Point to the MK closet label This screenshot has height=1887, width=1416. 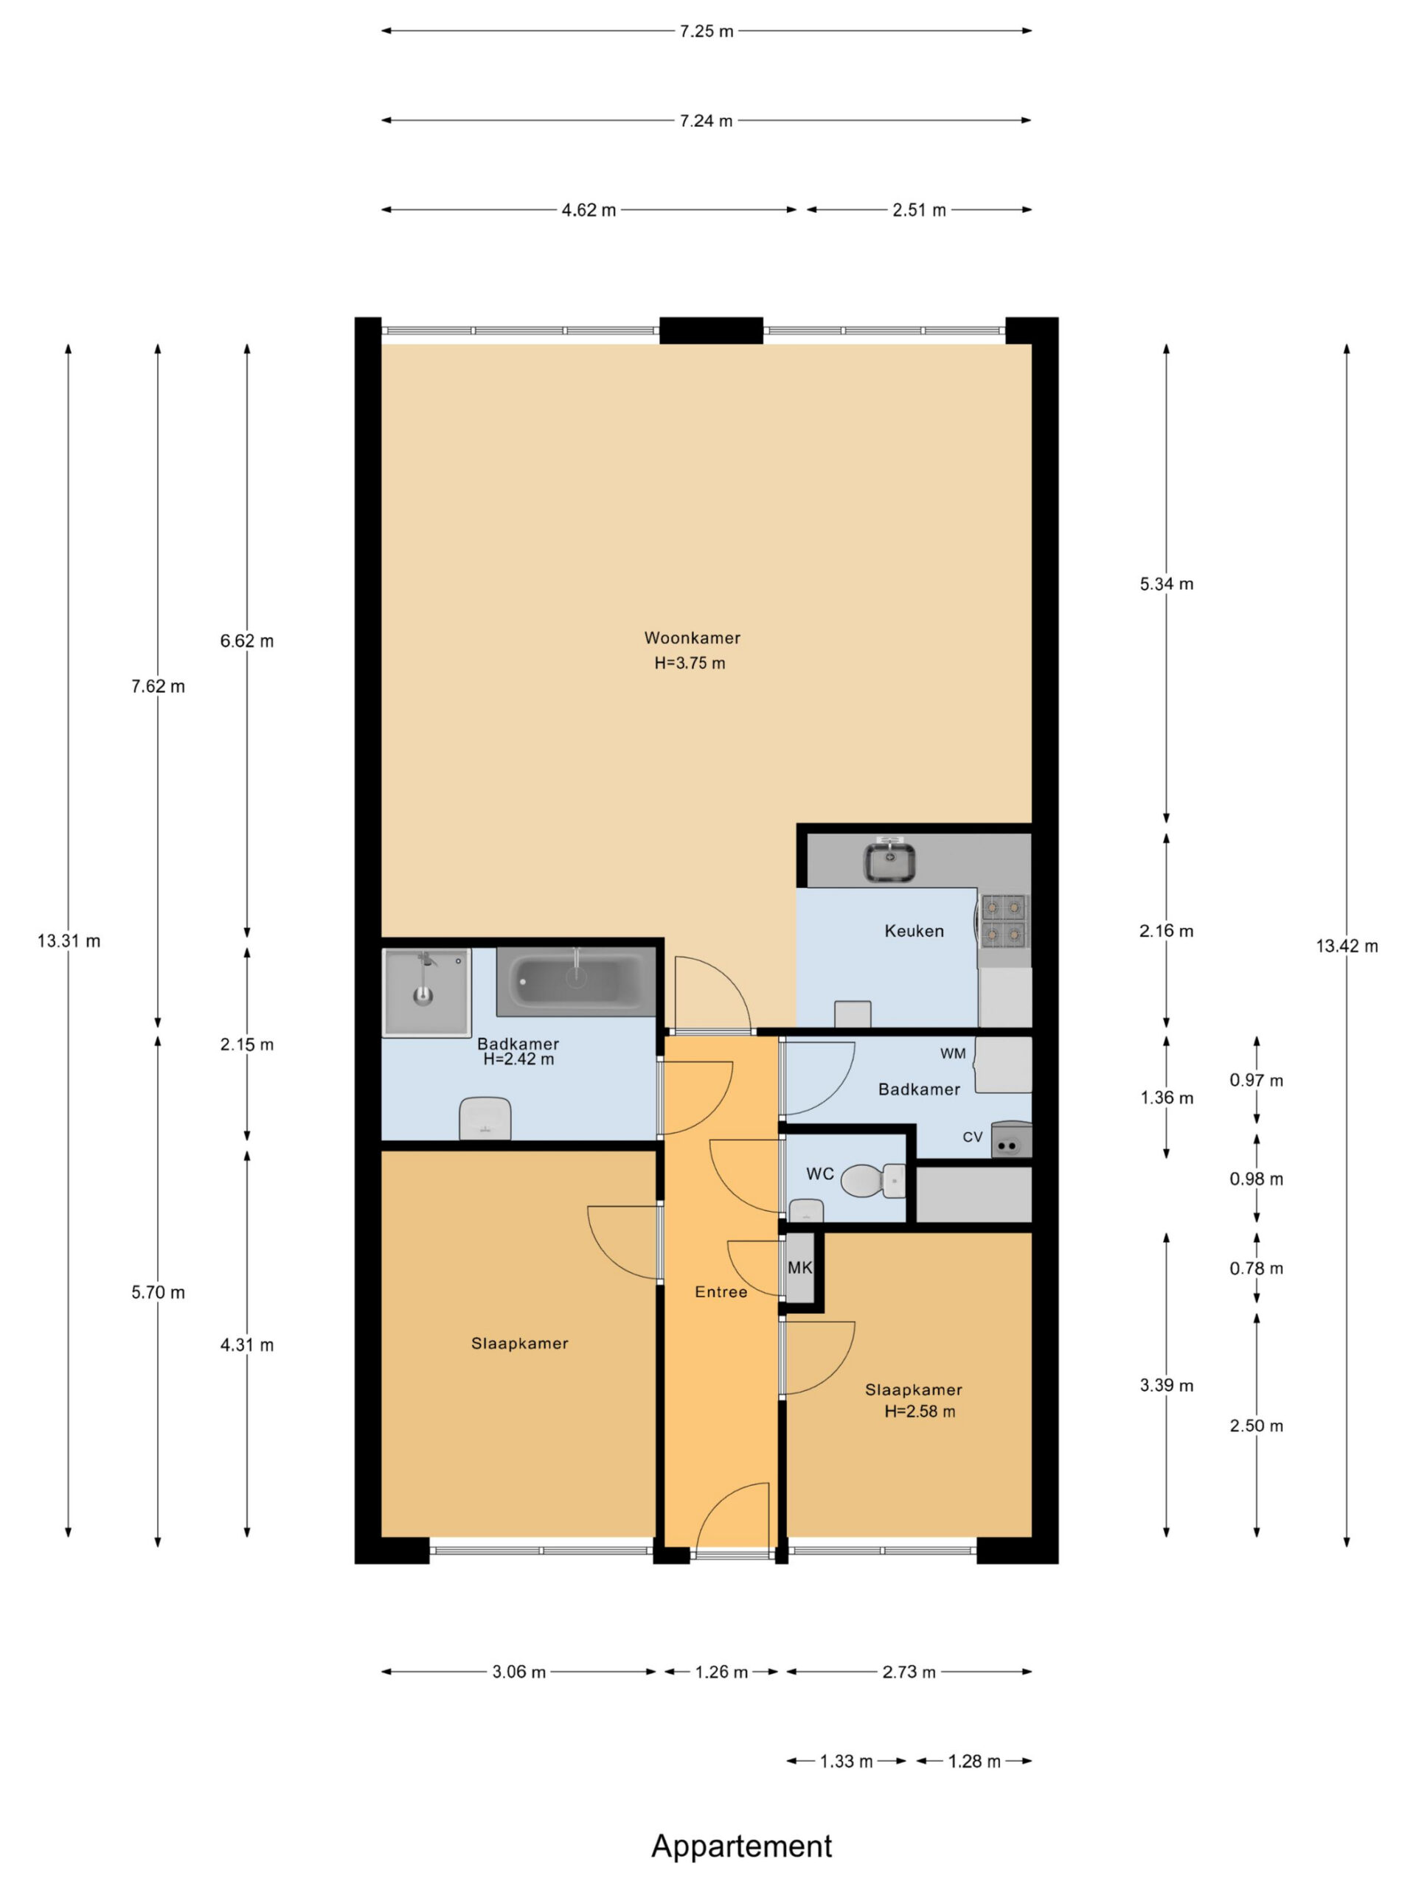pos(799,1268)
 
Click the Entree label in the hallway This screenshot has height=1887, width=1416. pos(721,1291)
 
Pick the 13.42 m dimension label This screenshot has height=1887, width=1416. pos(1346,945)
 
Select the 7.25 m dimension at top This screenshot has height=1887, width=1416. pos(706,31)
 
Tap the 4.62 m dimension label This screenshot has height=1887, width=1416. pos(588,210)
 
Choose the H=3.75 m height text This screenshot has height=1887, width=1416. pos(690,663)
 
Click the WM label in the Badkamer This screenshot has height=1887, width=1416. pos(953,1053)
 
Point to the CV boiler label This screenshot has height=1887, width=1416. pos(972,1137)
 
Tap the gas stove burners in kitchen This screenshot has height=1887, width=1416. pos(1004,920)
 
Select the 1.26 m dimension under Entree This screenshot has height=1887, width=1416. pos(721,1672)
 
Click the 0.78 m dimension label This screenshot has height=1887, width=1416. pos(1255,1269)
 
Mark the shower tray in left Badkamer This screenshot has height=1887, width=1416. pos(426,992)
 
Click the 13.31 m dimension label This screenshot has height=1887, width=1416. pos(69,941)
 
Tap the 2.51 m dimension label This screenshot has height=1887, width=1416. pos(919,210)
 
